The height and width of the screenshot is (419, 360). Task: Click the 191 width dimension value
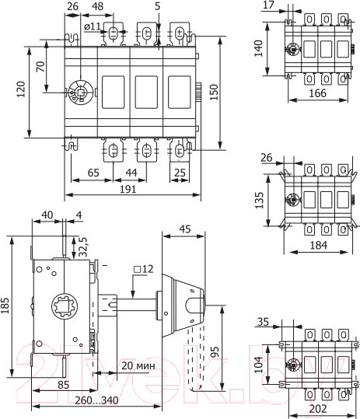coord(129,187)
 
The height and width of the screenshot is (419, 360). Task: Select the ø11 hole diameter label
coord(93,27)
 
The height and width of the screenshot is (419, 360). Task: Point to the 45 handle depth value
coord(184,229)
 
